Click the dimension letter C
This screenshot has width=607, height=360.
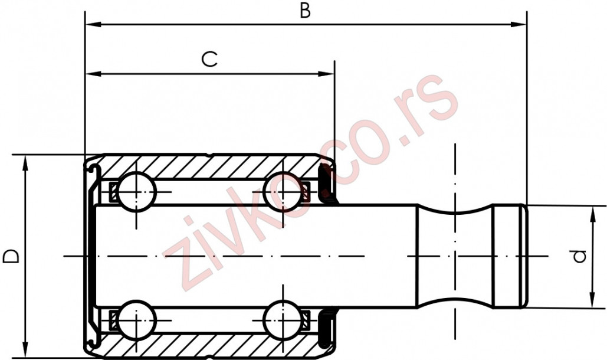[210, 58]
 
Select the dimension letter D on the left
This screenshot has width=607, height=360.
[10, 256]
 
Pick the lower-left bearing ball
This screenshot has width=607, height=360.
[136, 320]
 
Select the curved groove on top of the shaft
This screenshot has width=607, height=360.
[455, 211]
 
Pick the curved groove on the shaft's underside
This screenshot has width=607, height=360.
[455, 300]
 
